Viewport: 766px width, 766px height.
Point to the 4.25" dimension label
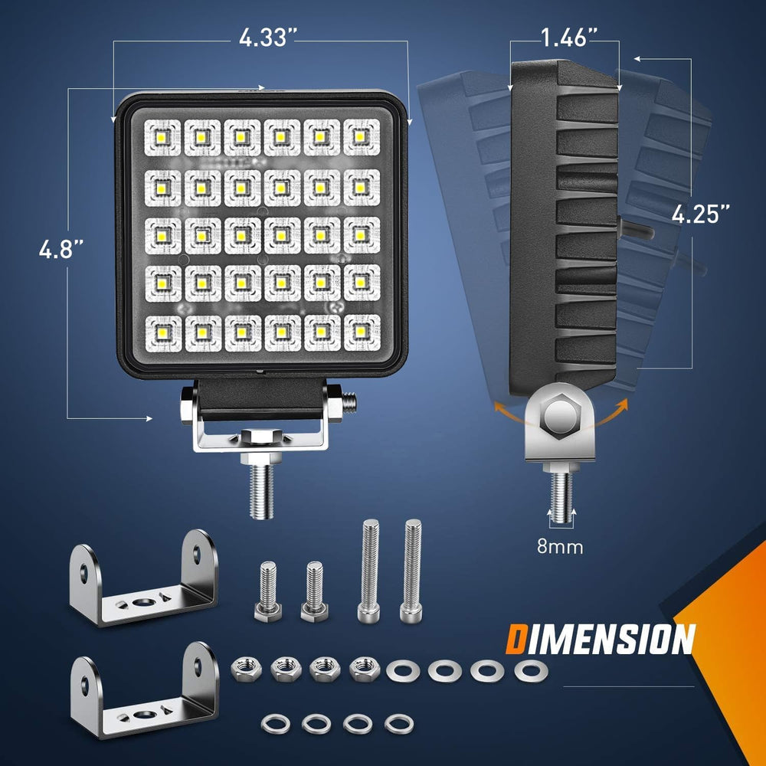699,215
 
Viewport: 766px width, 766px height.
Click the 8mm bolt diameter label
559,547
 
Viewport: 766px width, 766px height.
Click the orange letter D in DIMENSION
518,640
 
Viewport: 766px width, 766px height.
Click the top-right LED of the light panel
360,136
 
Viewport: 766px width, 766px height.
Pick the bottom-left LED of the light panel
162,332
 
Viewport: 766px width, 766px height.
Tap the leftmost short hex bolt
267,590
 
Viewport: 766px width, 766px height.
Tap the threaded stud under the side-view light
561,490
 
